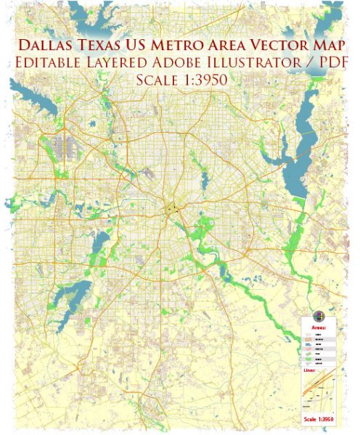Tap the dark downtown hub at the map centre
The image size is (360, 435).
[x=173, y=208]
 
